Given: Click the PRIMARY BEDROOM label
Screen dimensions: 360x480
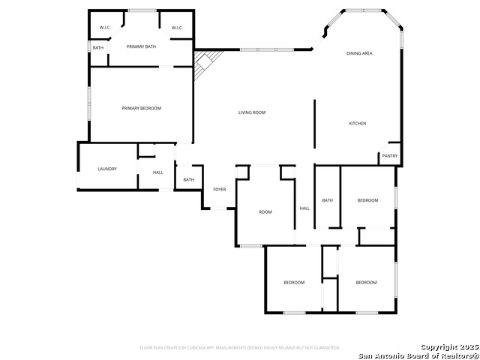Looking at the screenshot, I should point(141,109).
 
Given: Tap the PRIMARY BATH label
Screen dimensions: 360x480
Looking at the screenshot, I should point(141,47).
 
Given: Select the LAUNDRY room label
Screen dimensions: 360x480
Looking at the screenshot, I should point(107,169).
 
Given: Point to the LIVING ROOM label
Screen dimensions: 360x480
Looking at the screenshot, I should point(252,112).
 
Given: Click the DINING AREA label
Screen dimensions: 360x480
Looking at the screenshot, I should point(359,54).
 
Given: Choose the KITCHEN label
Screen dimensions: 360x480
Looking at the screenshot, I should point(358,123).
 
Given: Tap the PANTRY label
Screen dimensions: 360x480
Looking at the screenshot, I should point(390,156).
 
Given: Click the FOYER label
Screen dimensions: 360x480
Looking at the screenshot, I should point(219,190).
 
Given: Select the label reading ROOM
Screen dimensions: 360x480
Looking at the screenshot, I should point(265,212).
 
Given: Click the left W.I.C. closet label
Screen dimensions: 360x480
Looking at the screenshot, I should point(105,28).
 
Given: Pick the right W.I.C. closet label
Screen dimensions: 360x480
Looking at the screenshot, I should point(177,28).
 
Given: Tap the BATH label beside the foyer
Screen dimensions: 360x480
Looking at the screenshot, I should point(188,180).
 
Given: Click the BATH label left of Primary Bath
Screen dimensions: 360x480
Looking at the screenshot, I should point(98,48).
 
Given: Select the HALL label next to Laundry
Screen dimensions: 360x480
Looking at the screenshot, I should point(158,173).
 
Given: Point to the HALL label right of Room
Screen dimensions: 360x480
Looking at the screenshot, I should point(304,208).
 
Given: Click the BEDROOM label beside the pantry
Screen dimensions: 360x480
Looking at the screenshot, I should point(367,200).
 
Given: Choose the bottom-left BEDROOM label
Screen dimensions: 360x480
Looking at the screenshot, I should point(294,282).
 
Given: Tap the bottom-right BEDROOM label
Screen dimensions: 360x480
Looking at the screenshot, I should point(366,282).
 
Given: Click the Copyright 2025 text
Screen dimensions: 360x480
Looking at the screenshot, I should point(448,346).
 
